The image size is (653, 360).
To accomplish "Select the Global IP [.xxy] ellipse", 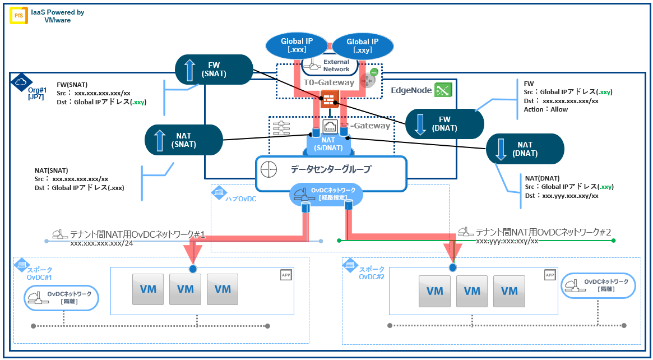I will click(362, 45).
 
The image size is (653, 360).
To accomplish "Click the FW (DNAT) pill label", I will click(444, 123).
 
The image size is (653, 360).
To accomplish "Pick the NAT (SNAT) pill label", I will click(183, 140).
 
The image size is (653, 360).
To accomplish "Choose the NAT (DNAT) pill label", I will click(525, 149).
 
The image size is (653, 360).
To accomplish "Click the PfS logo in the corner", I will click(18, 16).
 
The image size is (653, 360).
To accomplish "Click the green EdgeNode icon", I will click(443, 89).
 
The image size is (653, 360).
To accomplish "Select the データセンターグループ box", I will click(331, 168).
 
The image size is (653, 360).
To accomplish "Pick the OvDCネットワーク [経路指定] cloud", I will click(326, 194).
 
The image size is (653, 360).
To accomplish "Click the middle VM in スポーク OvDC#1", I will click(185, 290).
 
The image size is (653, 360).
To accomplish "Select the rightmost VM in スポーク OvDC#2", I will click(509, 291).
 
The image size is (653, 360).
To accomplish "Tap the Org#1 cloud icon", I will click(21, 81).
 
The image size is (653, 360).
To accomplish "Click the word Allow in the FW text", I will click(559, 109).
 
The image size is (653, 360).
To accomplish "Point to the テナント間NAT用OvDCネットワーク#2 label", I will click(535, 231).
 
